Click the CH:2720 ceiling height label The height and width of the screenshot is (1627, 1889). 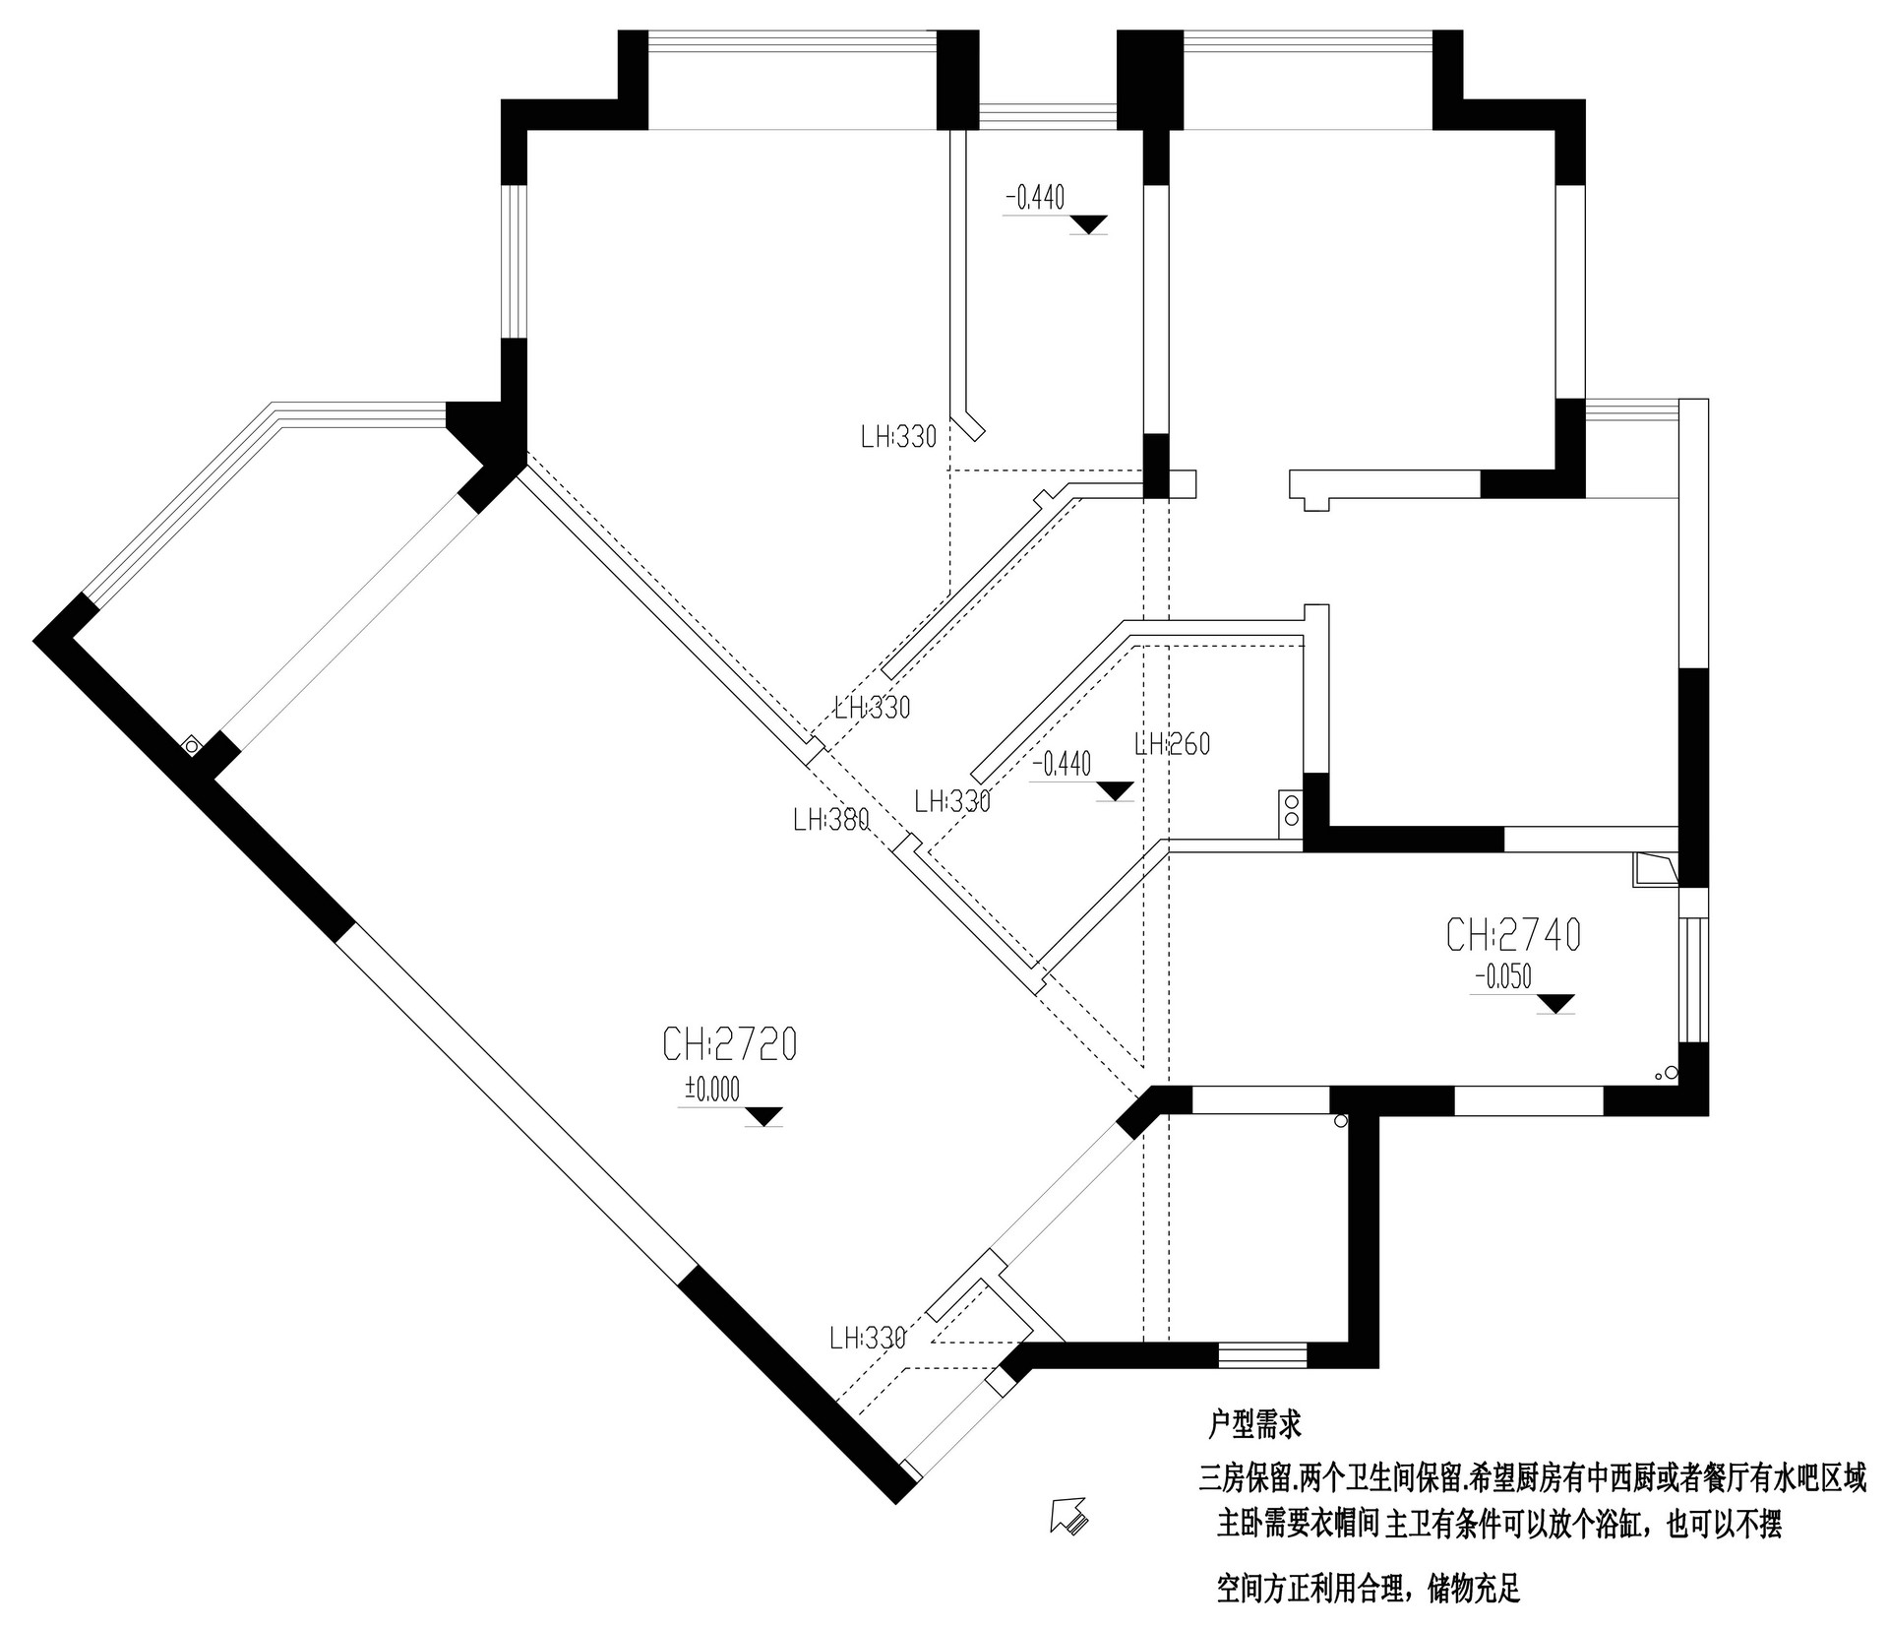pos(729,1045)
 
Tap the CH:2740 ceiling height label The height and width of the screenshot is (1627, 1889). pos(1513,935)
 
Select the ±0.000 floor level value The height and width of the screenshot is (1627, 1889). pos(712,1089)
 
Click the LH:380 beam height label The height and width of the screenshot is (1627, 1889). pos(831,819)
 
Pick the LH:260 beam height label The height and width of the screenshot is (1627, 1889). pos(1172,744)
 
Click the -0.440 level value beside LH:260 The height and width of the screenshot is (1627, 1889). pos(1062,764)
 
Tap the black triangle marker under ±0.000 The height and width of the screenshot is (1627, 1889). pos(763,1116)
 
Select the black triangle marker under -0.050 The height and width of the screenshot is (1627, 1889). pos(1555,1004)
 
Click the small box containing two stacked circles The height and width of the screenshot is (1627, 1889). pos(1290,813)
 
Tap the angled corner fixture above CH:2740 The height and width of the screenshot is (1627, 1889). pos(1654,870)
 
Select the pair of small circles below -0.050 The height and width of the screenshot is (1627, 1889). pos(1666,1074)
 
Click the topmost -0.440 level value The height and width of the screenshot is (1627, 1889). pos(1035,199)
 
